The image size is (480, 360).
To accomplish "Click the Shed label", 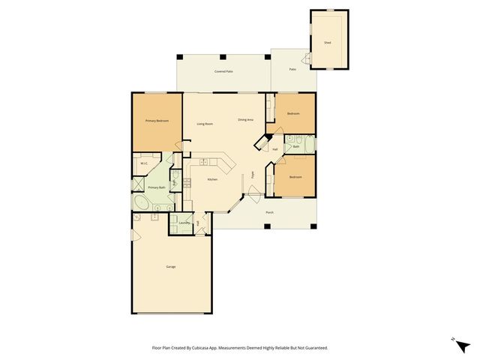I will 328,43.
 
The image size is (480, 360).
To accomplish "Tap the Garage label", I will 171,267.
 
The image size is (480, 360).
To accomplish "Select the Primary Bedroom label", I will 157,121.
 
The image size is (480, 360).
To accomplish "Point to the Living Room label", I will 205,124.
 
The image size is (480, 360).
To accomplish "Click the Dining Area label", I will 245,120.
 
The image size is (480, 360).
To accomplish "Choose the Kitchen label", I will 212,179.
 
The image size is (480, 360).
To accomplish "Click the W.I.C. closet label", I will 144,163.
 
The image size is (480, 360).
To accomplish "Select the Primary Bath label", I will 156,187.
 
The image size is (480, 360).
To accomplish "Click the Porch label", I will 269,212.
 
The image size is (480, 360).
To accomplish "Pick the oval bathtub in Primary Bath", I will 142,203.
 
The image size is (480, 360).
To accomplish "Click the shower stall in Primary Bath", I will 139,184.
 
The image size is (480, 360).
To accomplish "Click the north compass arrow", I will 454,341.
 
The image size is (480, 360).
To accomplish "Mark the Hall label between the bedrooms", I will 275,149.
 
